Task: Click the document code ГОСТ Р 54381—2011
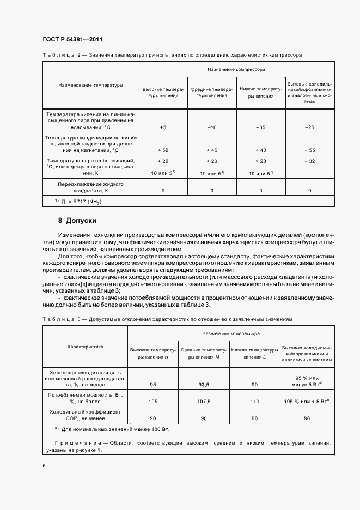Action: coord(72,39)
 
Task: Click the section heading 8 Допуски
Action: coord(77,221)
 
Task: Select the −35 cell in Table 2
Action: coord(261,127)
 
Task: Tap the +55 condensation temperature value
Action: coord(309,149)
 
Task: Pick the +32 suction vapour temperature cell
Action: coord(309,161)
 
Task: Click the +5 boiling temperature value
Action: coord(163,127)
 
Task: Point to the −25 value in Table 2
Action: coord(309,127)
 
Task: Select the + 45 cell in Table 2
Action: coord(212,149)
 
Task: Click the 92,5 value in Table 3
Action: coord(204,385)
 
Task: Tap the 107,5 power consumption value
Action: coord(204,402)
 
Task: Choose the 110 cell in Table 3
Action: coord(254,402)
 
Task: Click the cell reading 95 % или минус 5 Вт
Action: coord(307,381)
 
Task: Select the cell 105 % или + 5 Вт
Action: coord(307,402)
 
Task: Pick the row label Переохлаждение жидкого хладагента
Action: coord(91,188)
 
